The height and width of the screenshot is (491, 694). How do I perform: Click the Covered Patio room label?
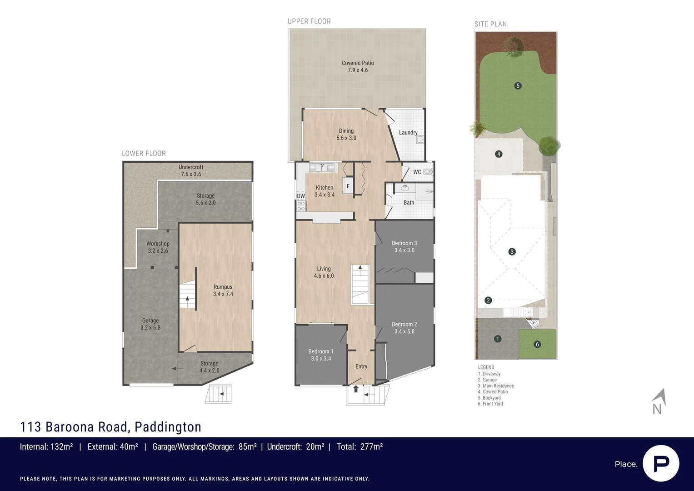coord(358,63)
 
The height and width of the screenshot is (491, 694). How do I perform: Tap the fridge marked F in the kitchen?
coord(348,186)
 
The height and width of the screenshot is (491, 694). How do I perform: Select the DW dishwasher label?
coord(300,196)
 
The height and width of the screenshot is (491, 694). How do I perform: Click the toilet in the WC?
coord(428,172)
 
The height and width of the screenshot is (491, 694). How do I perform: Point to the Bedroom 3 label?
coord(404,243)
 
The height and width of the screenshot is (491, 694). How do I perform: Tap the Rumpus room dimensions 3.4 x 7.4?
coord(223,294)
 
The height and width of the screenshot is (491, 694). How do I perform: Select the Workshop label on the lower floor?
coord(158,244)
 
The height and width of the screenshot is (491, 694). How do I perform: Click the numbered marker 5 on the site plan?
coord(518,85)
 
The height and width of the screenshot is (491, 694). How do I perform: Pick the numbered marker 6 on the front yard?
coord(537,344)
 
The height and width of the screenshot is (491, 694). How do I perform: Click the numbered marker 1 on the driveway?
coord(498,339)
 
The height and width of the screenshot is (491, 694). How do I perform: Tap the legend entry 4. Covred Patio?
coord(493,391)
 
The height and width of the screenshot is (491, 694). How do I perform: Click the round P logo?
coord(661,463)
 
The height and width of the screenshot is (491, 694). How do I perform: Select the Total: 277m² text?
coord(359,446)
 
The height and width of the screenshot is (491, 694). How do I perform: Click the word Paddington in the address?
coord(168,427)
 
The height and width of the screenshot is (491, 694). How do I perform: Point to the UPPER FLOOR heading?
coord(309,21)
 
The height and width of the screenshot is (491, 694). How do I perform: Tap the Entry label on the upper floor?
coord(361,366)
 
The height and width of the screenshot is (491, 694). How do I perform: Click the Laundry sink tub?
coord(420,140)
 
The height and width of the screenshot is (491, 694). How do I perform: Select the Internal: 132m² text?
coord(46,446)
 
